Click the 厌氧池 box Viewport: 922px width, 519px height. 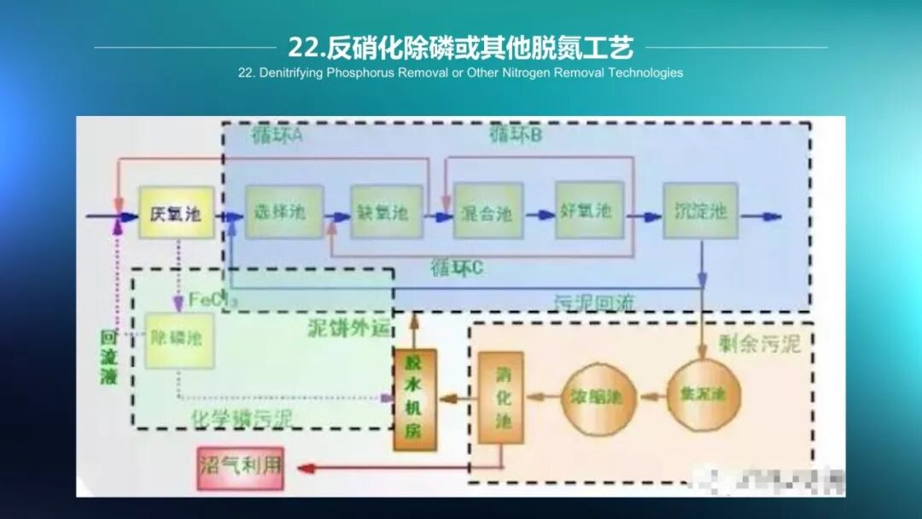[x=176, y=213]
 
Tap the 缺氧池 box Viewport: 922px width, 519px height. [x=387, y=212]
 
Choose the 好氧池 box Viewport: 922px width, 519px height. [x=589, y=210]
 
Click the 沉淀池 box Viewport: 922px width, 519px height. [x=700, y=210]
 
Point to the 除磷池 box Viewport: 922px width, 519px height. [x=178, y=340]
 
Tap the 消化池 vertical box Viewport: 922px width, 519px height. [x=500, y=398]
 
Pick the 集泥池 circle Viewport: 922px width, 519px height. [x=703, y=394]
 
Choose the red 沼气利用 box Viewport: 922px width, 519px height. [x=240, y=468]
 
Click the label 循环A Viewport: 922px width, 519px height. [x=277, y=137]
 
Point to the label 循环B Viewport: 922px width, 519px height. [x=516, y=135]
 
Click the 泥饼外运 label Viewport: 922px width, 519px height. [x=347, y=328]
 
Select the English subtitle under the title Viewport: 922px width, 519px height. [x=460, y=73]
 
